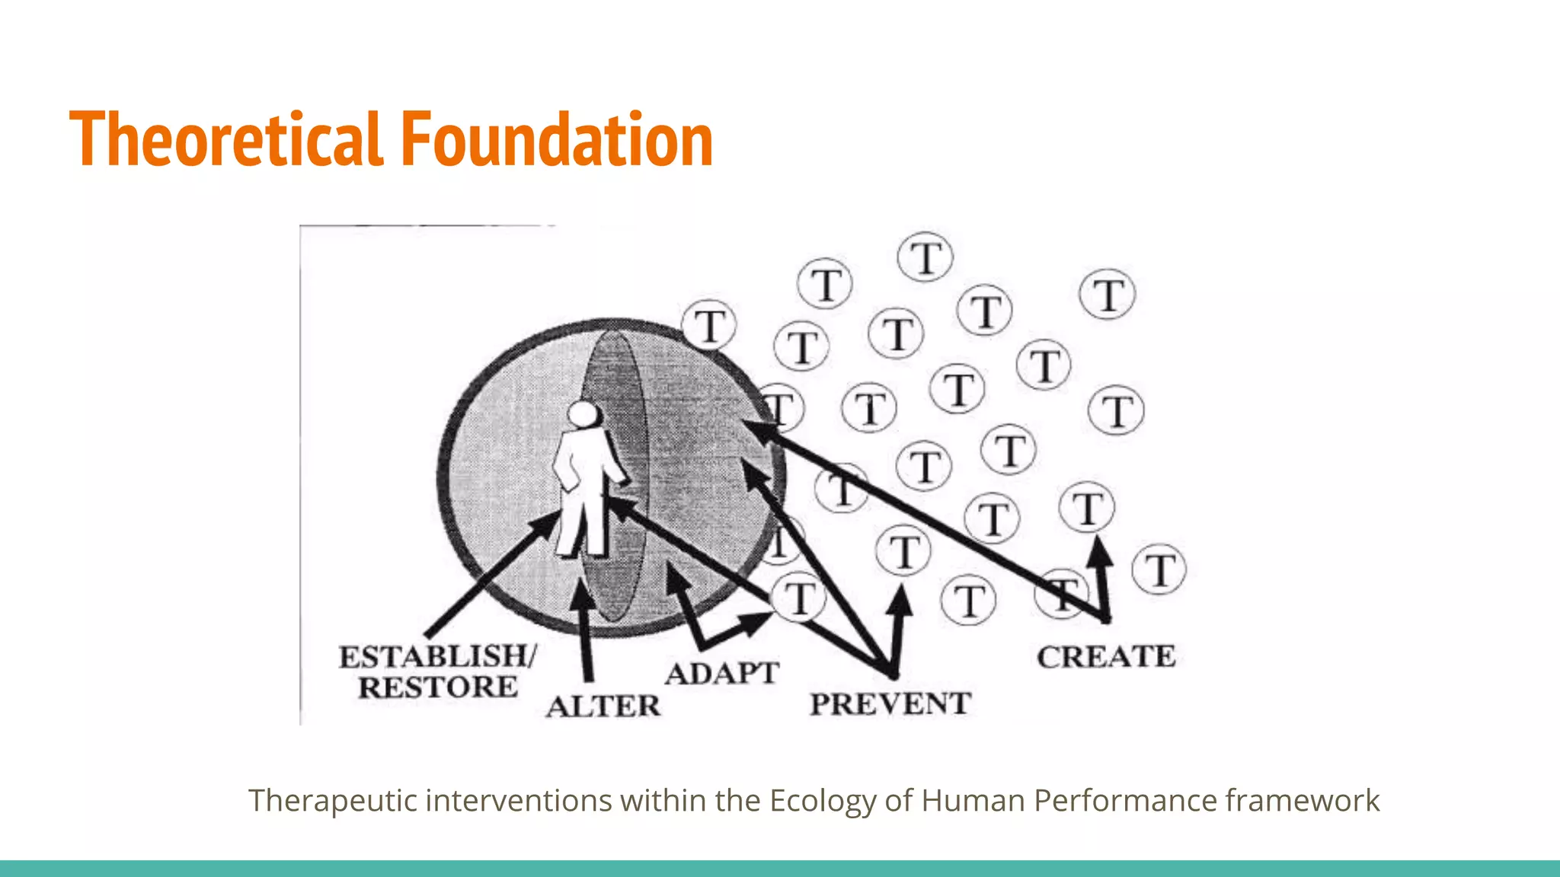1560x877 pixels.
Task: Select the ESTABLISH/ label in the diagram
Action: [x=438, y=656]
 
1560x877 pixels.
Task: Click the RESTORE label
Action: [x=438, y=687]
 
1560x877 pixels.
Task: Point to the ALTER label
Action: [x=603, y=706]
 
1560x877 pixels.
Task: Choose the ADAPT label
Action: [x=722, y=674]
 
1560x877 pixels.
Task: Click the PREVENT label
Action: [x=890, y=704]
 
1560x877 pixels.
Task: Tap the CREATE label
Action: [x=1106, y=657]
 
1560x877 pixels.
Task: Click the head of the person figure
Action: [x=584, y=415]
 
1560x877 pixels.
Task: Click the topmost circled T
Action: [x=925, y=257]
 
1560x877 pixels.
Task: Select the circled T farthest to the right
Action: [x=1159, y=570]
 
